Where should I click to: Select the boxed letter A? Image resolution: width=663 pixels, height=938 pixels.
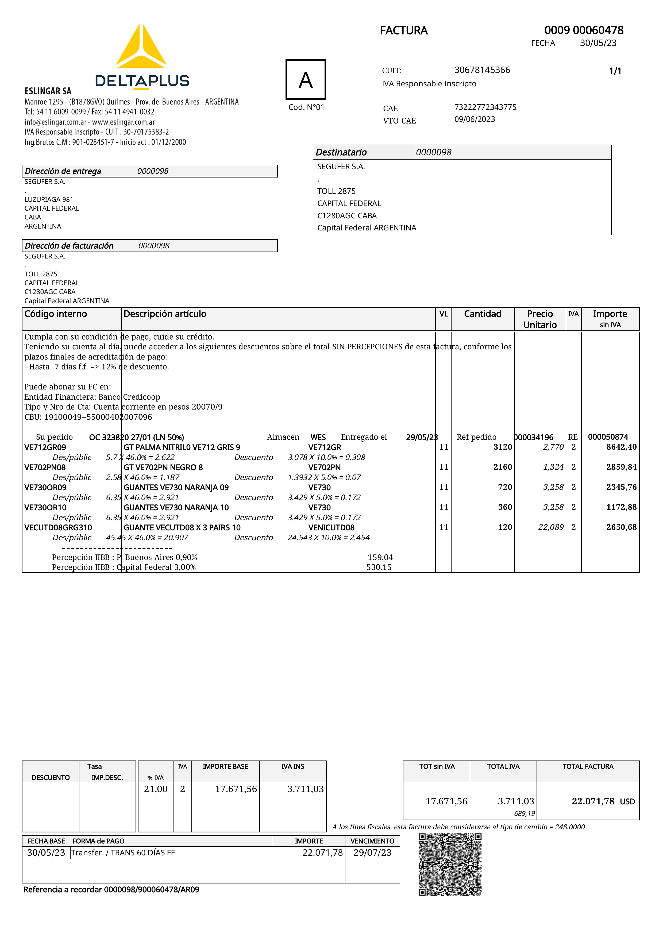point(306,80)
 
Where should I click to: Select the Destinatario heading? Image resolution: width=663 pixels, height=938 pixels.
point(341,152)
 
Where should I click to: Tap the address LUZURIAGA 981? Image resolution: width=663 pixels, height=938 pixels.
point(49,199)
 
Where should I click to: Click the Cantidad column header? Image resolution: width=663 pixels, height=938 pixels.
point(483,314)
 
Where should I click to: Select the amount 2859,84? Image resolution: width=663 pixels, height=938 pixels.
point(621,467)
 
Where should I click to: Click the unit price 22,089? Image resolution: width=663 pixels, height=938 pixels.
point(551,527)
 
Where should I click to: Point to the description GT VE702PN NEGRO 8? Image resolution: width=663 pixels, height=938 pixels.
point(163,467)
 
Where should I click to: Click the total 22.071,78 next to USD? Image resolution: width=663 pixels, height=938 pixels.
point(593,801)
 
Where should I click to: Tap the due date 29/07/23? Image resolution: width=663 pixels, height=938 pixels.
point(372,853)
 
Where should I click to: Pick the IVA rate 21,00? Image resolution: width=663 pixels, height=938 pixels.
point(156,789)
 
